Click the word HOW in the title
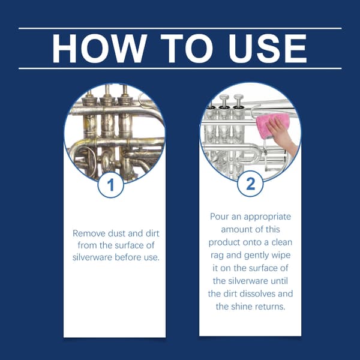[x=100, y=49]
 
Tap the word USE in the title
[x=268, y=49]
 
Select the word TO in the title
[x=187, y=49]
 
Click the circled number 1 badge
[x=111, y=185]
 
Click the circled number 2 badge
[x=250, y=184]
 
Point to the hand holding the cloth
[x=284, y=135]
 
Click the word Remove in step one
[x=89, y=233]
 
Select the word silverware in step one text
[x=92, y=257]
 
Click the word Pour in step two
[x=219, y=217]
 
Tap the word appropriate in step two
[x=267, y=217]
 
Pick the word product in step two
[x=224, y=243]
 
